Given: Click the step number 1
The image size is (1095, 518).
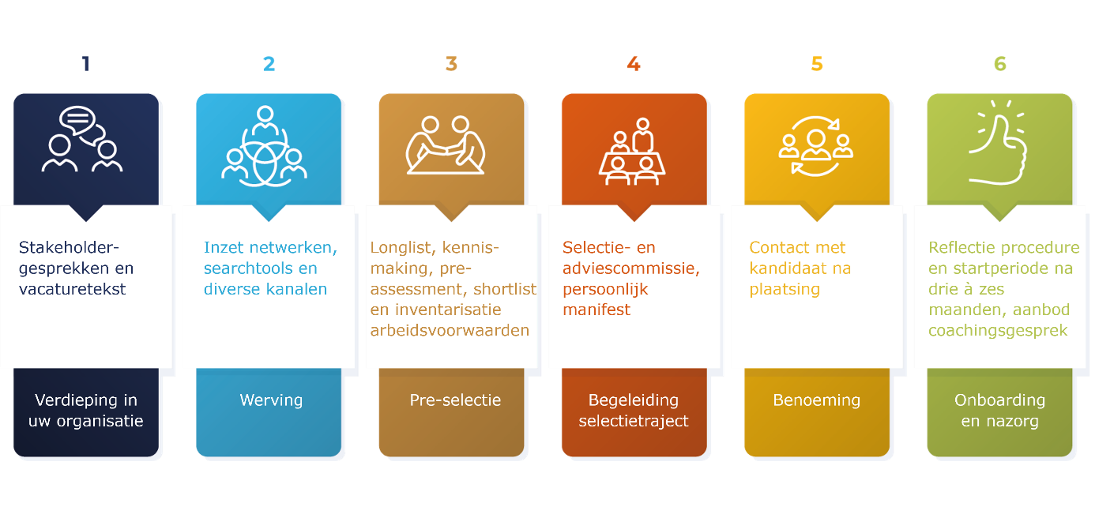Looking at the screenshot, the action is pyautogui.click(x=86, y=63).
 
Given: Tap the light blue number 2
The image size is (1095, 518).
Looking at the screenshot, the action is pyautogui.click(x=269, y=63).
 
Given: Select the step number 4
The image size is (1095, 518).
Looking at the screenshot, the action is pyautogui.click(x=634, y=63).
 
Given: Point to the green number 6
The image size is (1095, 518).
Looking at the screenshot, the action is pyautogui.click(x=999, y=63).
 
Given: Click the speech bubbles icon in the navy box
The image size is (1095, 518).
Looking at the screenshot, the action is pyautogui.click(x=82, y=139).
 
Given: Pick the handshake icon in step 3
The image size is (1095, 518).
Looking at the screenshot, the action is pyautogui.click(x=446, y=145).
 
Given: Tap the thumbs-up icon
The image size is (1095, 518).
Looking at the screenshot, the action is pyautogui.click(x=999, y=142).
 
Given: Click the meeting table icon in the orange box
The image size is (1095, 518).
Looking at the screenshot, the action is pyautogui.click(x=632, y=152).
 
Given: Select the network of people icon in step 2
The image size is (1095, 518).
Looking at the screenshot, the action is pyautogui.click(x=265, y=147).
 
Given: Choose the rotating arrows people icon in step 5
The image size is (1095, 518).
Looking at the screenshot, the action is pyautogui.click(x=815, y=145).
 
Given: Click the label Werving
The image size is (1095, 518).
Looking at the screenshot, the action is pyautogui.click(x=271, y=400).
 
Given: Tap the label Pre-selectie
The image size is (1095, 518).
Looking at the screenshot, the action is pyautogui.click(x=455, y=400).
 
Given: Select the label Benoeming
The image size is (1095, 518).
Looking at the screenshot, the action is pyautogui.click(x=816, y=400).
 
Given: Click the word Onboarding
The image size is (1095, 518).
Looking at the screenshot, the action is pyautogui.click(x=999, y=400).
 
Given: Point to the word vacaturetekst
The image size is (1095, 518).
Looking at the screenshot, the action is pyautogui.click(x=73, y=289).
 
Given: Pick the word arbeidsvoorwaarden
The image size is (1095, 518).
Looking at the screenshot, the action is pyautogui.click(x=450, y=330).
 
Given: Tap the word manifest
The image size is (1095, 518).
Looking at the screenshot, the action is pyautogui.click(x=596, y=310).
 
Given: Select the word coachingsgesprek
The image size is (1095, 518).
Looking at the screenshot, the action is pyautogui.click(x=998, y=331).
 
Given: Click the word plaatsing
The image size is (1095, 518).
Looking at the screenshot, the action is pyautogui.click(x=785, y=289).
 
